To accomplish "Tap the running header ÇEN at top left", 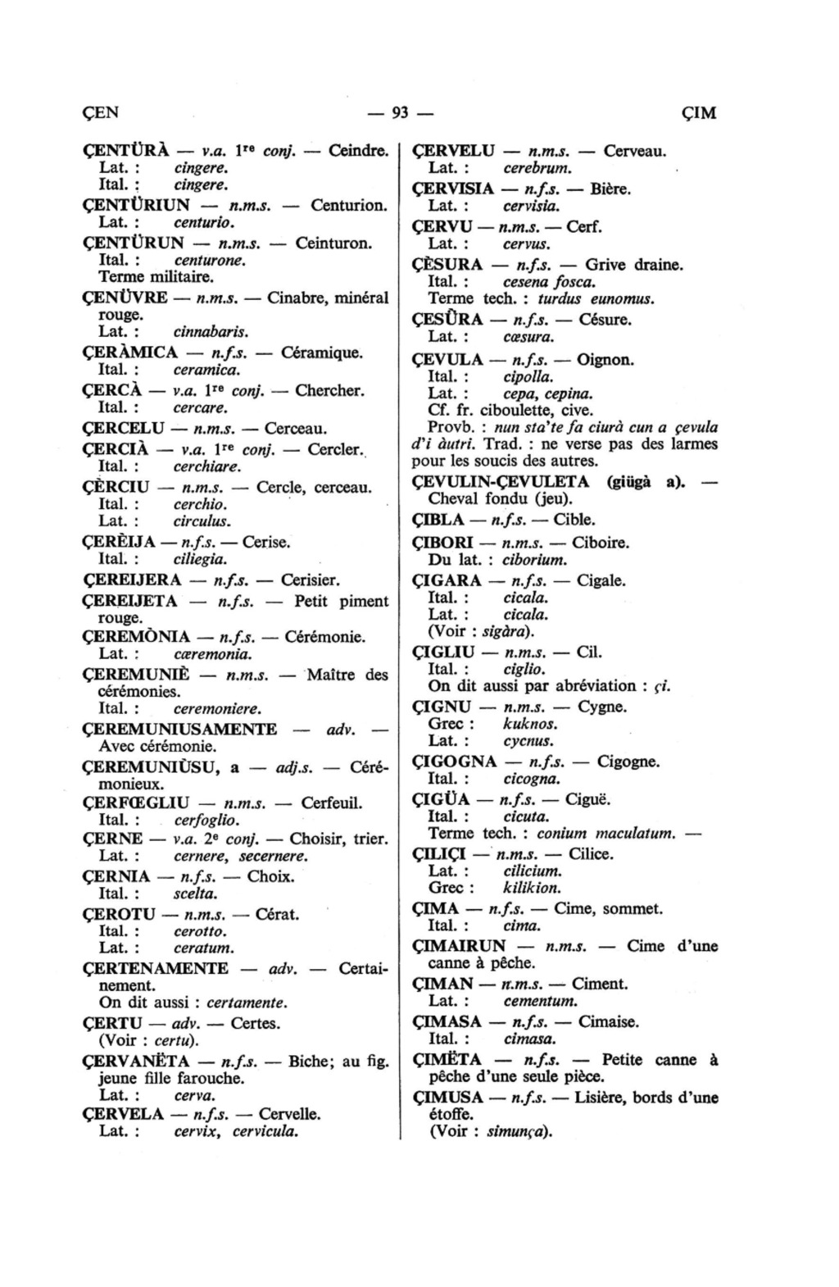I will pos(101,113).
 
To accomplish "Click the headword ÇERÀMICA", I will pos(131,352).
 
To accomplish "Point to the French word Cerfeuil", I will pos(332,803).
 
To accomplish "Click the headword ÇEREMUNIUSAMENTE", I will pos(180,729).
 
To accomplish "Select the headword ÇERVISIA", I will pos(453,189).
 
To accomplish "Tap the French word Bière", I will pos(610,189).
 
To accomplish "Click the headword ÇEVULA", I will pos(449,359).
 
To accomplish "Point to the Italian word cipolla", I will pos(528,377).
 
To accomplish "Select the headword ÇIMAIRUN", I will pos(460,946).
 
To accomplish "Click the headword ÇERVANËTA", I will pos(140,1061).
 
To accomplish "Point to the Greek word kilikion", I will pos(532,888).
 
